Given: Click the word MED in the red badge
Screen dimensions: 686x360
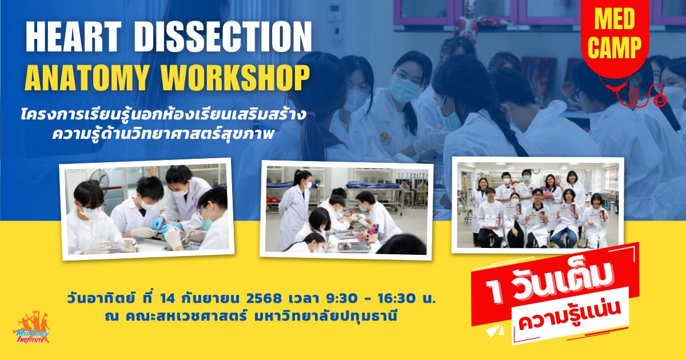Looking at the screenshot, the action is (614, 19).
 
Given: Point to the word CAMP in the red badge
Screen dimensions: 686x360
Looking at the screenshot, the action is (615, 47).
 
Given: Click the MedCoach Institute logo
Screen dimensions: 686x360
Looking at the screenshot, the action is (31, 327).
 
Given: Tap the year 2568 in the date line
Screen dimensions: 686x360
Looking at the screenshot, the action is (264, 298).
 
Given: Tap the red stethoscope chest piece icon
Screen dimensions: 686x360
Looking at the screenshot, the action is (659, 99).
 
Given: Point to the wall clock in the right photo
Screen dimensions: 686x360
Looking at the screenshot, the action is (536, 172).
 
